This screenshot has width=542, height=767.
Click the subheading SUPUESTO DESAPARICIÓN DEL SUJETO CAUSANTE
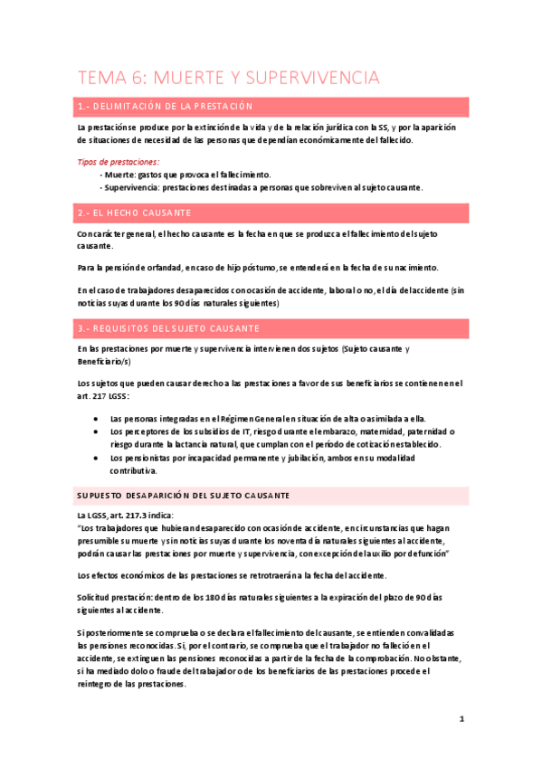(184, 496)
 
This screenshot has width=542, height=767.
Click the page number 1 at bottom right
(461, 719)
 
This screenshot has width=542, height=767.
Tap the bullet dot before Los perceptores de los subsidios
(96, 432)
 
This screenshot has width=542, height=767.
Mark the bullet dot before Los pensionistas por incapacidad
(96, 459)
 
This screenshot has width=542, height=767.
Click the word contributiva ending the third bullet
(133, 471)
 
